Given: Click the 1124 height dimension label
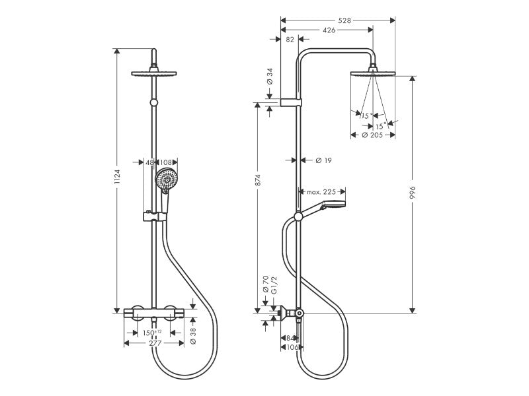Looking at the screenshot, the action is coord(117,176).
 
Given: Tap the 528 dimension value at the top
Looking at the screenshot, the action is coord(345,20).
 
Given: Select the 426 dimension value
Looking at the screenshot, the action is coord(329,30).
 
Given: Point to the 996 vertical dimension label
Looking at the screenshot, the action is coord(412,192).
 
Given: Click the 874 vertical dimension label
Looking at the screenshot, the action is coord(258,180).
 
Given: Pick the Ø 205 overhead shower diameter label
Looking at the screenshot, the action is coord(372,135).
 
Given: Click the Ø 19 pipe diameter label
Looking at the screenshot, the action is coord(323,160).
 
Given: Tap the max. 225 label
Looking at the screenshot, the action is coord(321,192).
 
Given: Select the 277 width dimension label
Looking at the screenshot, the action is coord(155,343).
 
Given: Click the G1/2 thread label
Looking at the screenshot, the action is coord(274,286).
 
